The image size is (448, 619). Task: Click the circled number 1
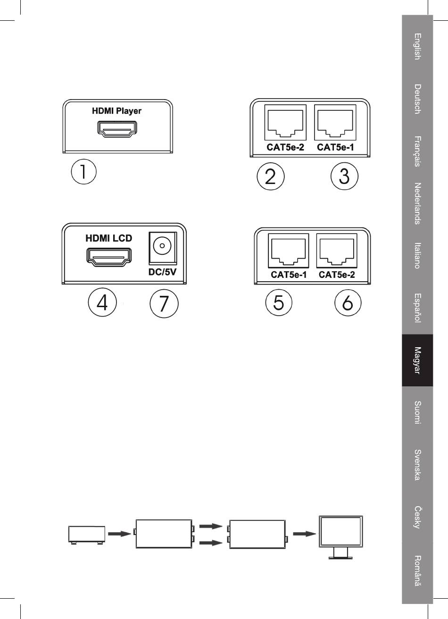(x=83, y=171)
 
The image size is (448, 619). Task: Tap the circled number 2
(x=270, y=176)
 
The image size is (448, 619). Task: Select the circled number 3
(x=344, y=176)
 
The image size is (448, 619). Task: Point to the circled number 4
(x=102, y=302)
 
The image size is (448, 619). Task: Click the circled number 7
(x=164, y=303)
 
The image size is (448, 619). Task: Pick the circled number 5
(x=279, y=302)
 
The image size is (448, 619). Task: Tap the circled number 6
(x=348, y=302)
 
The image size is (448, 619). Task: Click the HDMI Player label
(x=116, y=111)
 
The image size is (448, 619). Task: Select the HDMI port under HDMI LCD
(x=109, y=256)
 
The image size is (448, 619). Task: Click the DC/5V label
(x=162, y=273)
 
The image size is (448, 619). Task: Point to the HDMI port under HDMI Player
(x=117, y=129)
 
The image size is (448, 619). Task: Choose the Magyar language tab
(x=417, y=360)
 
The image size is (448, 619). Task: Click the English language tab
(x=417, y=46)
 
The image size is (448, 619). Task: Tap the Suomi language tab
(x=417, y=412)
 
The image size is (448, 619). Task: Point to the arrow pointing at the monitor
(x=304, y=534)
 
